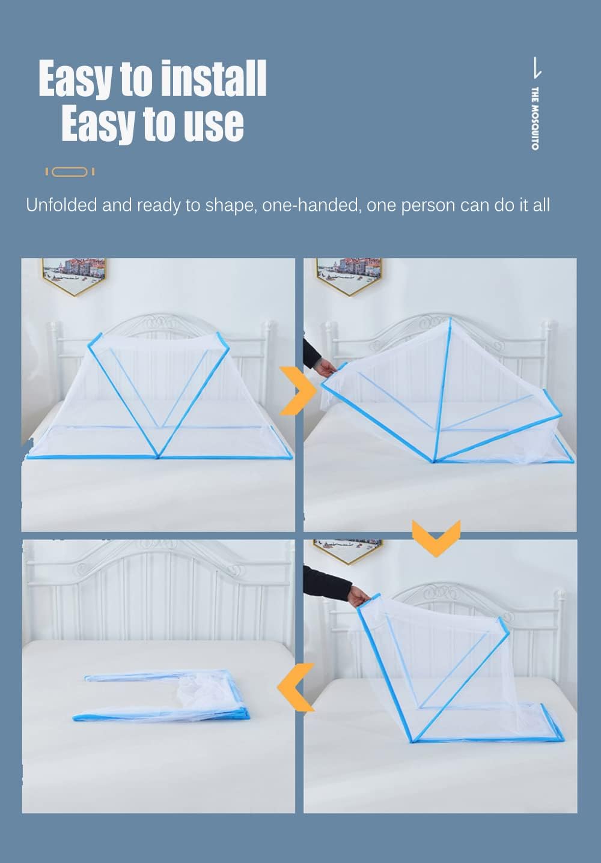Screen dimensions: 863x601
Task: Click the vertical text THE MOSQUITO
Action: (535, 118)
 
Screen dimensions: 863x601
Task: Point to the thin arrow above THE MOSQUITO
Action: (537, 68)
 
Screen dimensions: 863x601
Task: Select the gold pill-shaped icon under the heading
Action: (70, 172)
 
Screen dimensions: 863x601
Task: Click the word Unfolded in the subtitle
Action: (61, 205)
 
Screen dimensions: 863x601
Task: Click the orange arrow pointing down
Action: (436, 536)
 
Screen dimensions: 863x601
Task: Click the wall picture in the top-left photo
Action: (75, 274)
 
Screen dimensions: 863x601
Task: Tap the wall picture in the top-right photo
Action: (349, 274)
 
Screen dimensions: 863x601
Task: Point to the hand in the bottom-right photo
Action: (359, 596)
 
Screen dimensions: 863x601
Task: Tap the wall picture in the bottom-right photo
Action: (348, 549)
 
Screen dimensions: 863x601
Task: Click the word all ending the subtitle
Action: (541, 205)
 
